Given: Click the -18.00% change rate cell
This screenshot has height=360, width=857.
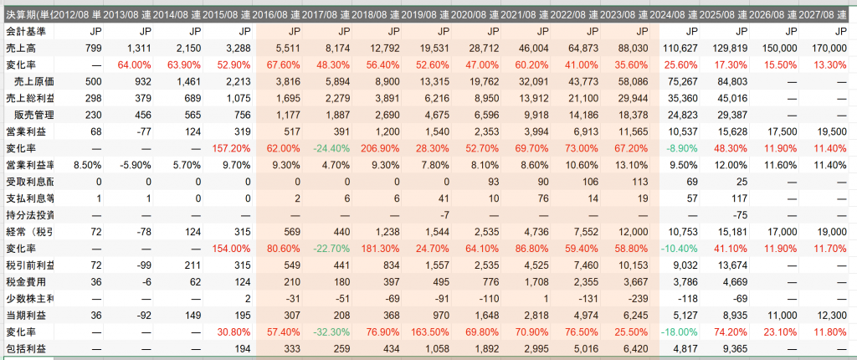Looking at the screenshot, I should (675, 330).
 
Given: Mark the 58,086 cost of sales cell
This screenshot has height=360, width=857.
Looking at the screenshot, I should (624, 81).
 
